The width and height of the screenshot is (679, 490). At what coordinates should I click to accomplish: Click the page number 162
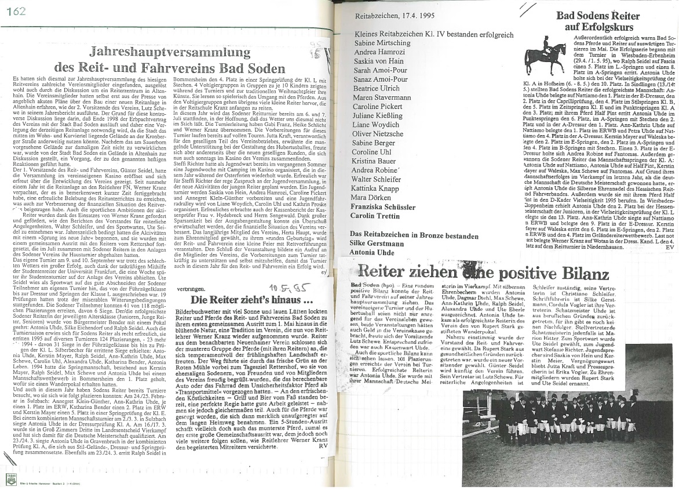coord(18,12)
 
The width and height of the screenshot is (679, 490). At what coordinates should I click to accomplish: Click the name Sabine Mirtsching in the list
coord(382,43)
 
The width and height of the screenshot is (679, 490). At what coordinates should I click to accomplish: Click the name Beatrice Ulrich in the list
coord(377,88)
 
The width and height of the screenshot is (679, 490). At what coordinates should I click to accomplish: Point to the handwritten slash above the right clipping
coord(528,8)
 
